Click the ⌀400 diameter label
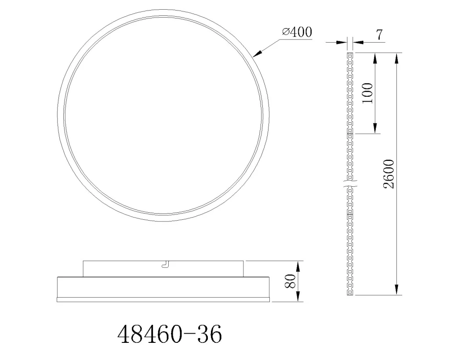click(x=297, y=32)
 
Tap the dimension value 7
click(x=379, y=35)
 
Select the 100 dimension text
click(x=368, y=93)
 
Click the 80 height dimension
click(x=290, y=281)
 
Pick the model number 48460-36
click(x=170, y=335)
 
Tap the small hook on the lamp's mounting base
click(x=166, y=265)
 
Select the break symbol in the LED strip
click(x=350, y=184)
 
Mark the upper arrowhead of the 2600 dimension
click(x=397, y=58)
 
